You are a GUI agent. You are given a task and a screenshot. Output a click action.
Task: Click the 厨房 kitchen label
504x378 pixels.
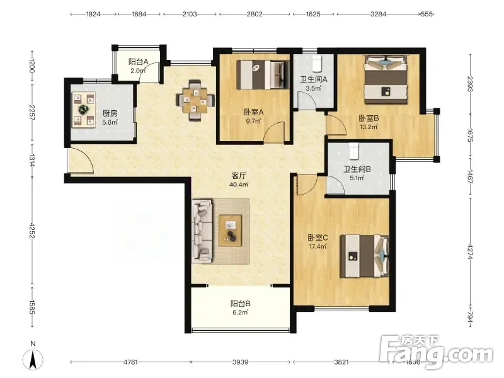point(110,113)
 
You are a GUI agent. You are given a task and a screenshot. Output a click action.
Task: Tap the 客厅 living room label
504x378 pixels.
point(239,176)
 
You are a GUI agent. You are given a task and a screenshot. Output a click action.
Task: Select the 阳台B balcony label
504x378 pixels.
point(241,304)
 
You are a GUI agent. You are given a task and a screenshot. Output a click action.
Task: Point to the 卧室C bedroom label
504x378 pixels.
point(318,238)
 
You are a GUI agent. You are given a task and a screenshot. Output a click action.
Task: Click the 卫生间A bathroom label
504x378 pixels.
point(313,79)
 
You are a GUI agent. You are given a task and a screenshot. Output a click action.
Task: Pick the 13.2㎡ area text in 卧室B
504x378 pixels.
point(369,127)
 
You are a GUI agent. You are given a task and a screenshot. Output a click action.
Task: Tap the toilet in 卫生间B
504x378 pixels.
point(353,151)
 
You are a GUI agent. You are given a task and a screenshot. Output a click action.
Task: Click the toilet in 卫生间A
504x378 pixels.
point(317,63)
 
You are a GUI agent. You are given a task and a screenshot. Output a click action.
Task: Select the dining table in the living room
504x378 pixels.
point(196,100)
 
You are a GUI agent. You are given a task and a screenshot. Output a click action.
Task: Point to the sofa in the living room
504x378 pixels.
point(202,231)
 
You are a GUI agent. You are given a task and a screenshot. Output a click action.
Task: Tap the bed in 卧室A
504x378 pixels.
point(262,75)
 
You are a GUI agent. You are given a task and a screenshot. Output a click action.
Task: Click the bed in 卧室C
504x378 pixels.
point(365,256)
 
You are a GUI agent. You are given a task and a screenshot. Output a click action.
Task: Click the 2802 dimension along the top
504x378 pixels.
point(255,14)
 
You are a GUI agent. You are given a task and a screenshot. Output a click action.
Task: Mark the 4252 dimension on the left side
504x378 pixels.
point(32,231)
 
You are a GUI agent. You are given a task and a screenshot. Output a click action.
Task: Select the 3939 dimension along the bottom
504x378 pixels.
point(241,362)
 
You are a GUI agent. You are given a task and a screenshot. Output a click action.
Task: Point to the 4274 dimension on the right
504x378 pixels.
point(470,252)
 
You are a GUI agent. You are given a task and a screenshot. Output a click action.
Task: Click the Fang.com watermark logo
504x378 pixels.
point(437,352)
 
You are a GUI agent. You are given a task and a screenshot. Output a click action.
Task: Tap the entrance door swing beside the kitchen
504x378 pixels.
point(82,161)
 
